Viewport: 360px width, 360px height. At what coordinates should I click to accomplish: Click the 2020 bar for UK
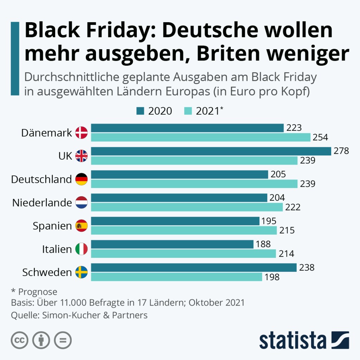[x=211, y=151]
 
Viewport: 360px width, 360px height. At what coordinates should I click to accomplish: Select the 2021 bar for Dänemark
[x=201, y=137]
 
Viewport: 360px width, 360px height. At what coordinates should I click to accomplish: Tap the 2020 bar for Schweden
[x=194, y=268]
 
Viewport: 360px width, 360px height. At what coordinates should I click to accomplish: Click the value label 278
[x=341, y=151]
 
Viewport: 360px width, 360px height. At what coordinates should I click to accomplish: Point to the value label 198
[x=272, y=277]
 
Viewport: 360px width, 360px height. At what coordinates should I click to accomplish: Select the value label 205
[x=278, y=174]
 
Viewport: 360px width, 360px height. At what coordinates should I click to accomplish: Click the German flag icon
[x=82, y=179]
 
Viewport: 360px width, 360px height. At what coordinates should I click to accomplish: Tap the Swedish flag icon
[x=82, y=272]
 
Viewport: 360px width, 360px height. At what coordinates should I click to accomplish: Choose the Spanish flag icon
[x=82, y=226]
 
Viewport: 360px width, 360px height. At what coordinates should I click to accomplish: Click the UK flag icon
[x=82, y=156]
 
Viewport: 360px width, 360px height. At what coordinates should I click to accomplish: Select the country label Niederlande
[x=42, y=202]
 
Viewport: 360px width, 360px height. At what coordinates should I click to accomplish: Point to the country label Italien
[x=57, y=249]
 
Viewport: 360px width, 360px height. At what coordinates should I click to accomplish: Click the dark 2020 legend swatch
[x=140, y=111]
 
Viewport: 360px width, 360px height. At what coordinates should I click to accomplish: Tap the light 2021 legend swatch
[x=188, y=111]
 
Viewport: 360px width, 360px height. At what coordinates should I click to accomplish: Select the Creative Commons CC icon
[x=20, y=340]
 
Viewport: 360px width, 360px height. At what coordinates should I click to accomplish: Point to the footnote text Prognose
[x=38, y=292]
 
